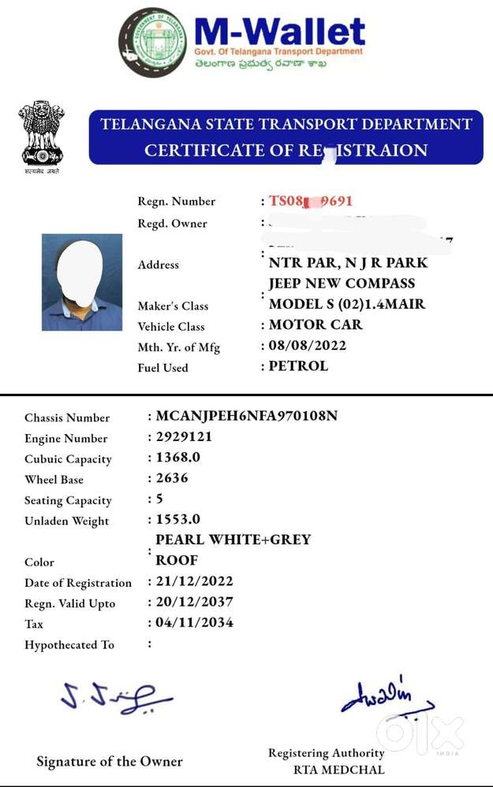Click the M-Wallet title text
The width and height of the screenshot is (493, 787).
[x=279, y=33]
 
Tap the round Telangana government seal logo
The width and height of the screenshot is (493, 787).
[x=152, y=43]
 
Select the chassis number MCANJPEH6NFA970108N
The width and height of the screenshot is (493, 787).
[x=246, y=416]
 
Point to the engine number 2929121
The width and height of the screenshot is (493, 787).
[x=184, y=437]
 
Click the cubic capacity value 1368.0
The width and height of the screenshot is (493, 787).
[x=177, y=458]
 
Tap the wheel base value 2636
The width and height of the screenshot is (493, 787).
[x=172, y=478]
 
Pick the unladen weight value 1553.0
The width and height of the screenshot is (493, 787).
[x=177, y=519]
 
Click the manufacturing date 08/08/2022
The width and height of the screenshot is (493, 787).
[x=308, y=345]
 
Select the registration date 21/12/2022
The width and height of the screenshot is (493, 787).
[x=194, y=581]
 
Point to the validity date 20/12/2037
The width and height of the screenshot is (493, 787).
[x=194, y=602]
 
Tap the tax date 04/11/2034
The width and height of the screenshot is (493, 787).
[x=194, y=622]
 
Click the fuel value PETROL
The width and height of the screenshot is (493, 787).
[x=298, y=366]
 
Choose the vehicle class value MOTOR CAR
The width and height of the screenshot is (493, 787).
[x=316, y=325]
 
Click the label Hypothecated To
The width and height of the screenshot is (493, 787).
[x=69, y=644]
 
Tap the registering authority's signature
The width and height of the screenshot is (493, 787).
[x=387, y=697]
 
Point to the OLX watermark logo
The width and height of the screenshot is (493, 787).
[x=420, y=732]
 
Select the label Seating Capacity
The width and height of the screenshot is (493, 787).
[x=68, y=500]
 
